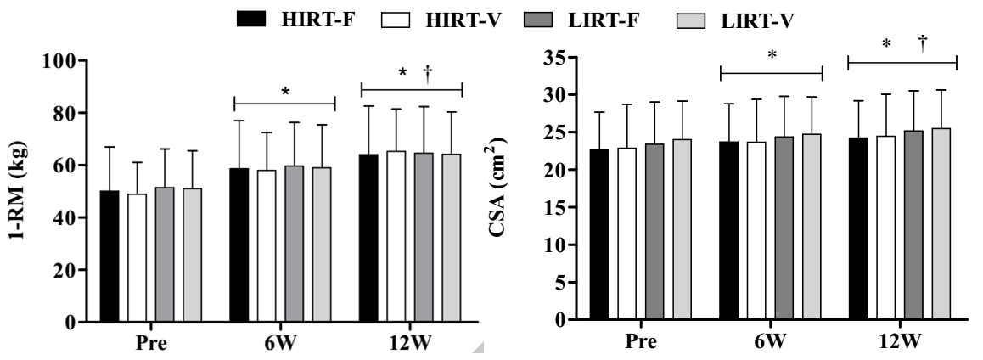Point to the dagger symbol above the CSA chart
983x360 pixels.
click(x=923, y=42)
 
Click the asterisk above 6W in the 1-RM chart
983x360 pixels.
click(x=286, y=91)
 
